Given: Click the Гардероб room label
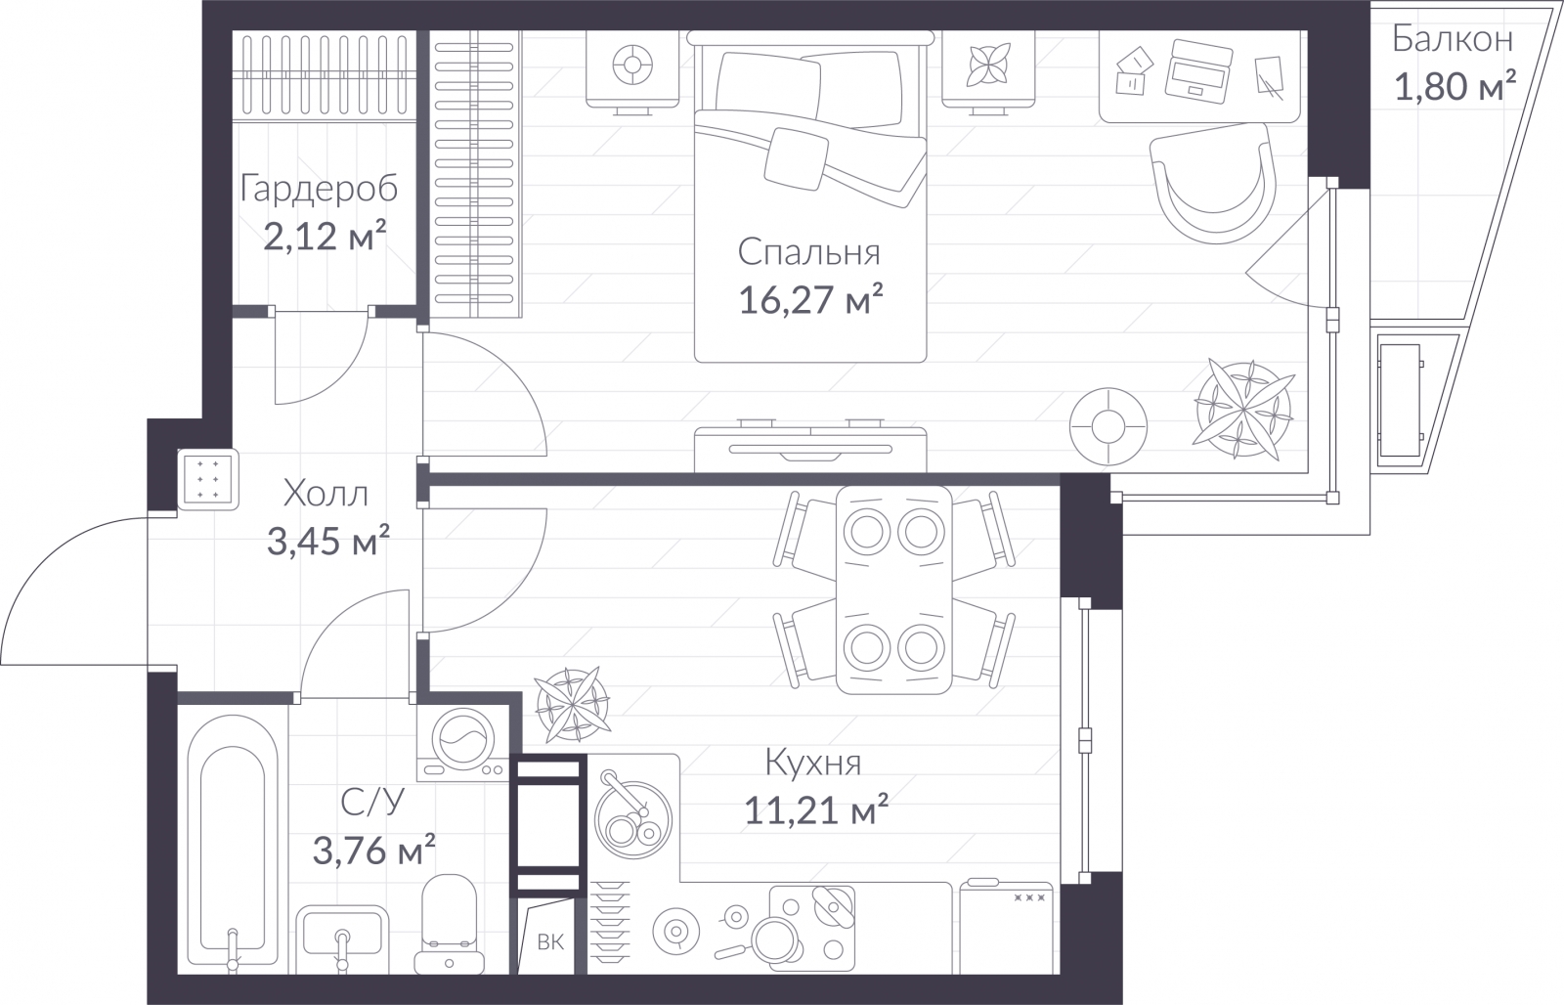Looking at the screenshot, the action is point(319,190).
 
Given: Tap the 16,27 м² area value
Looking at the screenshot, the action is point(810,300).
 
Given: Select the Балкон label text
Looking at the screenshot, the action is point(1453,39).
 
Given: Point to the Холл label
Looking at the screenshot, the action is point(326,495).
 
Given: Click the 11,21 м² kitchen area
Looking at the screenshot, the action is point(816,810).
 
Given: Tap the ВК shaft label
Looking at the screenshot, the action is point(550,942).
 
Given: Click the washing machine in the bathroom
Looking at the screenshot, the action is point(462,741).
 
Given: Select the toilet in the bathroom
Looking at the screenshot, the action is point(449,925).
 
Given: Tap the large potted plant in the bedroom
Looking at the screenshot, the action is point(1243,410).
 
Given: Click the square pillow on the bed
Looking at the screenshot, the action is point(796,158).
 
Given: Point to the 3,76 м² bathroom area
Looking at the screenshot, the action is point(374,851).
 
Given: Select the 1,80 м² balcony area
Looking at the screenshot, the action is point(1455,86).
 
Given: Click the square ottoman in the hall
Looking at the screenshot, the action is point(208,479).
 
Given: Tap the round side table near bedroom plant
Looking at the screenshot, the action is point(1108,426).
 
